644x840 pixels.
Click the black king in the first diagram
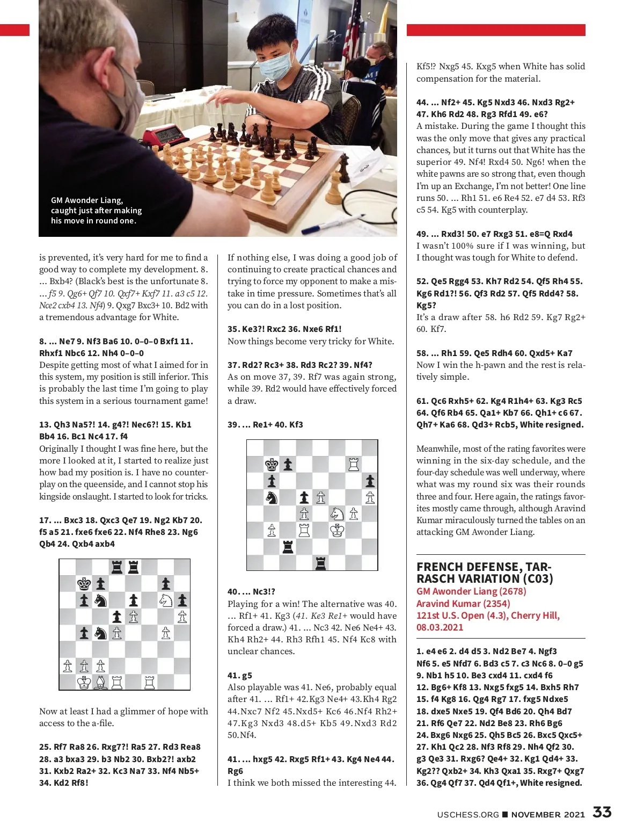(84, 584)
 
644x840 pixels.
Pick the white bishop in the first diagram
(100, 682)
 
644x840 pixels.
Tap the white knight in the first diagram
(165, 600)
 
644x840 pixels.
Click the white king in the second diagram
(337, 530)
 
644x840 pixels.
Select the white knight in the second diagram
(337, 514)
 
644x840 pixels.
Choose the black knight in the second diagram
(272, 497)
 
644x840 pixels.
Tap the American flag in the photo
(352, 32)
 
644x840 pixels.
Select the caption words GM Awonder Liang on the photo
(87, 200)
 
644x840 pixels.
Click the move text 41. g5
(239, 675)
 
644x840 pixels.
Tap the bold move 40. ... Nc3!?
(251, 591)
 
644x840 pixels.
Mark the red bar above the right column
(495, 30)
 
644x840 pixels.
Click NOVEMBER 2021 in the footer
(547, 814)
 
